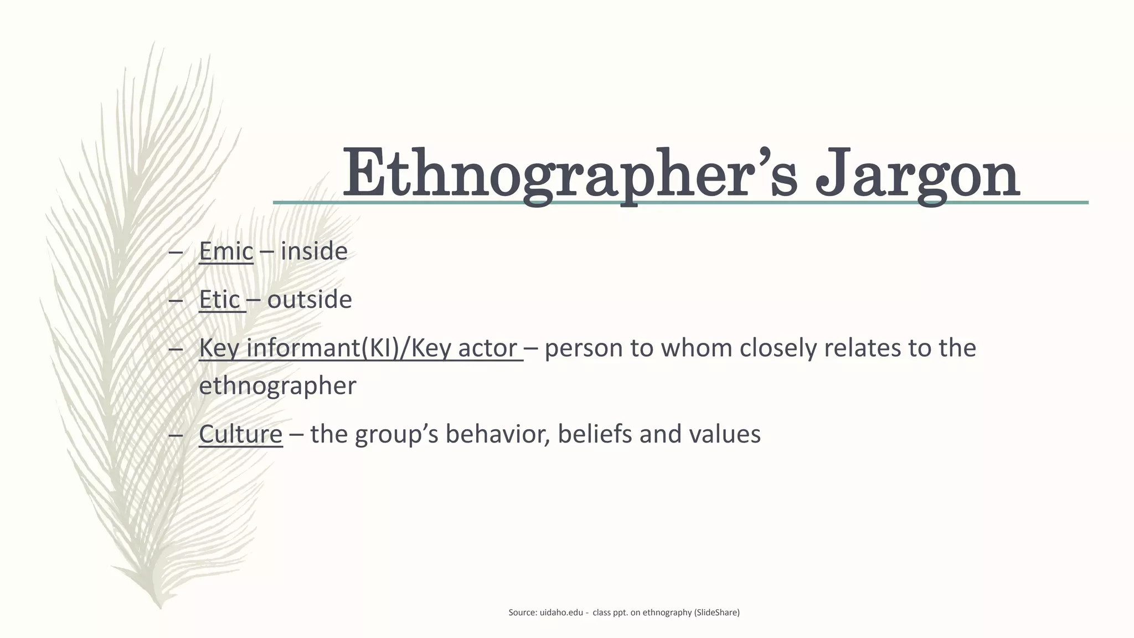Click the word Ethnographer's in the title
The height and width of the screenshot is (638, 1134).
(x=570, y=173)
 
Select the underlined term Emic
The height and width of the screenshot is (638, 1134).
(x=226, y=251)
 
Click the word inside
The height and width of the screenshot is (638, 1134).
(x=314, y=251)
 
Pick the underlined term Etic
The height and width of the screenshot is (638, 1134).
(x=219, y=300)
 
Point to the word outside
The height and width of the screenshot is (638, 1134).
(x=310, y=300)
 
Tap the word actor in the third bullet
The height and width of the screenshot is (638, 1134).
(x=487, y=348)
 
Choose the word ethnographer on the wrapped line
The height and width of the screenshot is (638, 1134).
(x=277, y=386)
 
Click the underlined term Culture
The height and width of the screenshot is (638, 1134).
(x=241, y=434)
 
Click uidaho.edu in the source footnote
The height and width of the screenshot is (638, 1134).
(x=561, y=613)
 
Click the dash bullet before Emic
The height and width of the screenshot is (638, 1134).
(x=176, y=252)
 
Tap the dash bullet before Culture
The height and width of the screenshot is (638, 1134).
(x=176, y=435)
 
